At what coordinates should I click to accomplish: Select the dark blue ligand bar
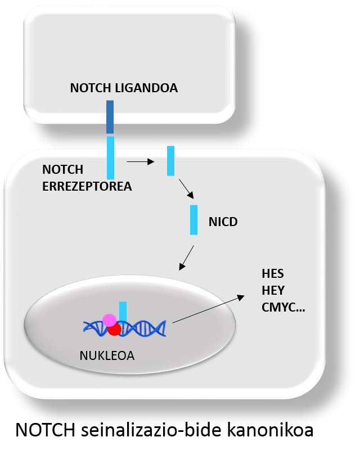[x=110, y=117]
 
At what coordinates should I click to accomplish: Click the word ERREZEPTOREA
[x=87, y=187]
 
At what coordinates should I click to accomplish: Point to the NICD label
[x=223, y=222]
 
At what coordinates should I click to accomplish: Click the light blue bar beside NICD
[x=193, y=220]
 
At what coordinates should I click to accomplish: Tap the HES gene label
[x=273, y=274]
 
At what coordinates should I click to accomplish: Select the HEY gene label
[x=273, y=291]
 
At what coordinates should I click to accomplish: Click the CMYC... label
[x=283, y=308]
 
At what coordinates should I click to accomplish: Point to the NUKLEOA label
[x=106, y=355]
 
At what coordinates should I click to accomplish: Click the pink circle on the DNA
[x=110, y=321]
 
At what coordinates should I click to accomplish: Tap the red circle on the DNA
[x=115, y=330]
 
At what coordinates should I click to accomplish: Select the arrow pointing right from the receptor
[x=140, y=162]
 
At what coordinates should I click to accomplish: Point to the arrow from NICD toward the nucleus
[x=186, y=258]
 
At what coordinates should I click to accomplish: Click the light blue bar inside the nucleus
[x=123, y=311]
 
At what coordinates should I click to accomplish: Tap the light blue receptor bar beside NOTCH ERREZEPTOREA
[x=110, y=157]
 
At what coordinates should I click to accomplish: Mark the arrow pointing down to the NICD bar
[x=186, y=189]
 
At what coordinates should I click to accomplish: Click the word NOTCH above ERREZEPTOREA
[x=62, y=170]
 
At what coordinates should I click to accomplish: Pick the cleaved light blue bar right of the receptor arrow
[x=170, y=161]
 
